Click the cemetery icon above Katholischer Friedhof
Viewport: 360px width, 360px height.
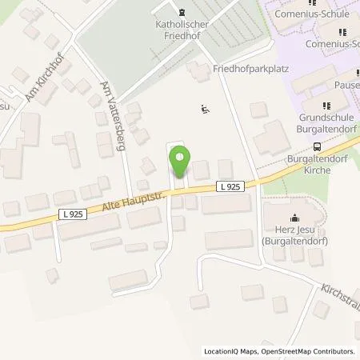(182, 13)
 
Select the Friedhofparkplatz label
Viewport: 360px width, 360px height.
(250, 70)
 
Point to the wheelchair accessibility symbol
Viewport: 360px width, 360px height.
(204, 109)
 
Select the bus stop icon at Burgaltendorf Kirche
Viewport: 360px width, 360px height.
(318, 146)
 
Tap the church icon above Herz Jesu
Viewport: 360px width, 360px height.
(294, 217)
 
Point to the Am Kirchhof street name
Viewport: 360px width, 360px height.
(38, 85)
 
